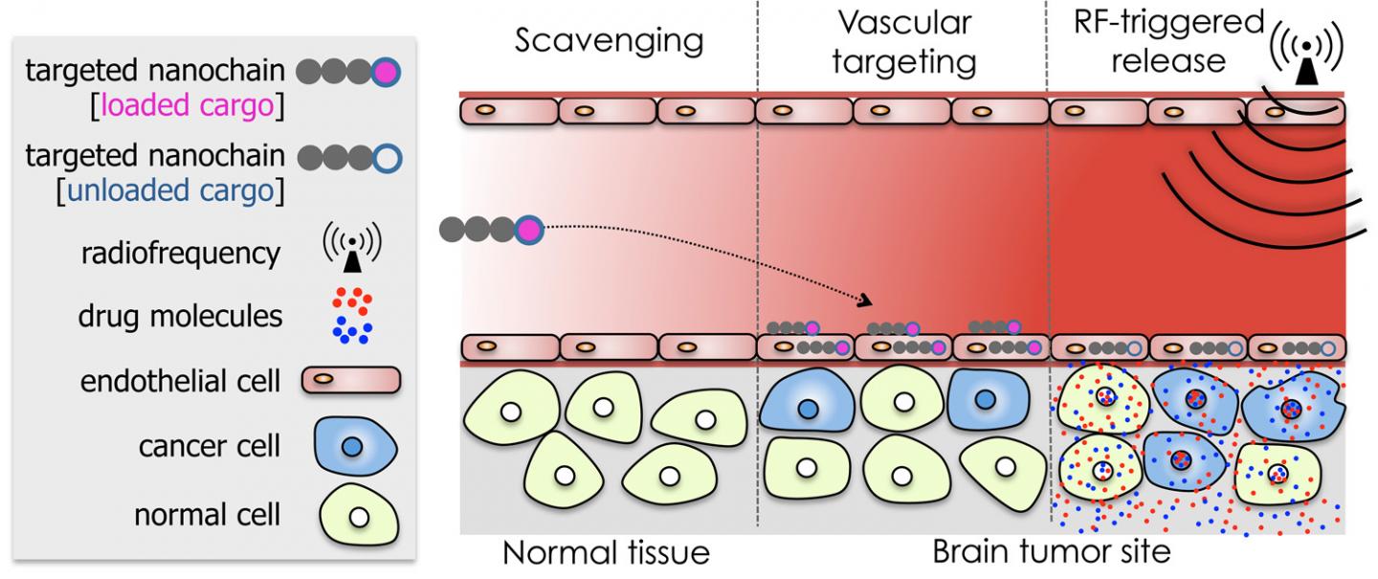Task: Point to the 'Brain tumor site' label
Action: point(1051,554)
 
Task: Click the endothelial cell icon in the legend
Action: point(351,382)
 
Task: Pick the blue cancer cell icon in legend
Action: point(352,447)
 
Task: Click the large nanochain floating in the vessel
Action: point(491,230)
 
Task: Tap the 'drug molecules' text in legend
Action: point(180,315)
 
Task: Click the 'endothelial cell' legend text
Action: point(180,383)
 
